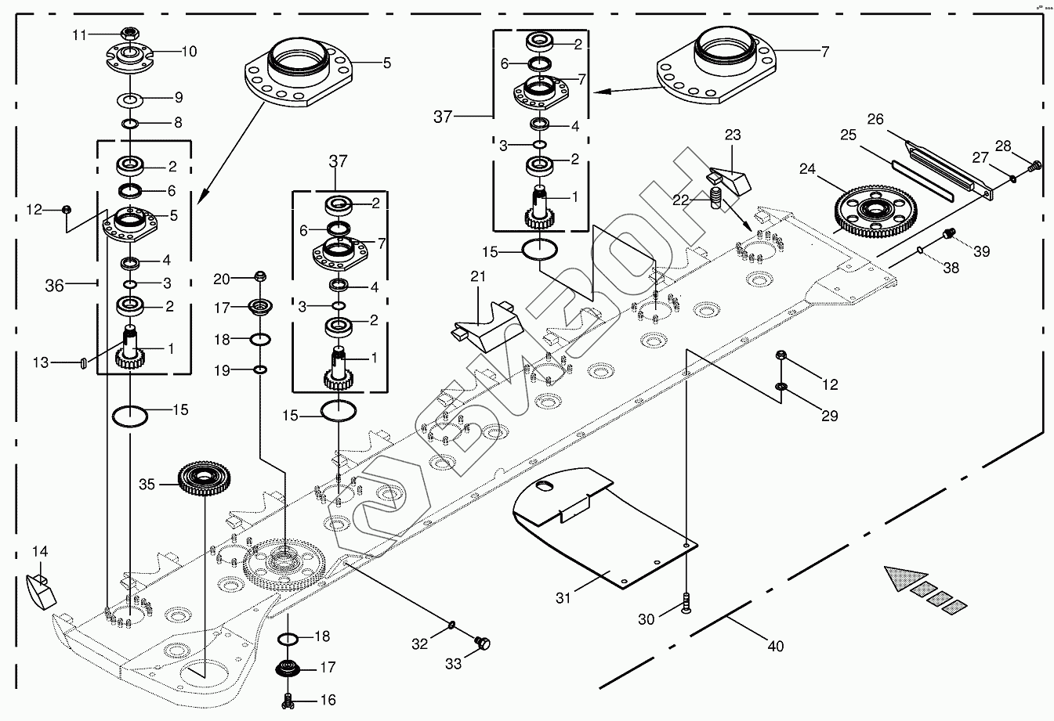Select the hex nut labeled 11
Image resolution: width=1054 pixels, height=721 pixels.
[131, 34]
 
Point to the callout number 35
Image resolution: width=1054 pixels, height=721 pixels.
[148, 484]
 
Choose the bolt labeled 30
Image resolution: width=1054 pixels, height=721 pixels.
[686, 604]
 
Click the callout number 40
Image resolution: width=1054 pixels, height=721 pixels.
[775, 647]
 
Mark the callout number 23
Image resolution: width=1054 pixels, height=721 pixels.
[732, 135]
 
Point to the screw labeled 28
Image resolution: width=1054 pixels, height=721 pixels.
[1034, 165]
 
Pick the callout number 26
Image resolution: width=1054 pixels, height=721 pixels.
[875, 119]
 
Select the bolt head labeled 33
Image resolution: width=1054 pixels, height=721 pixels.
[484, 643]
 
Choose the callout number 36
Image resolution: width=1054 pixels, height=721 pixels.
[54, 287]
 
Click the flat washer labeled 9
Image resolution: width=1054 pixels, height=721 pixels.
[129, 99]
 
